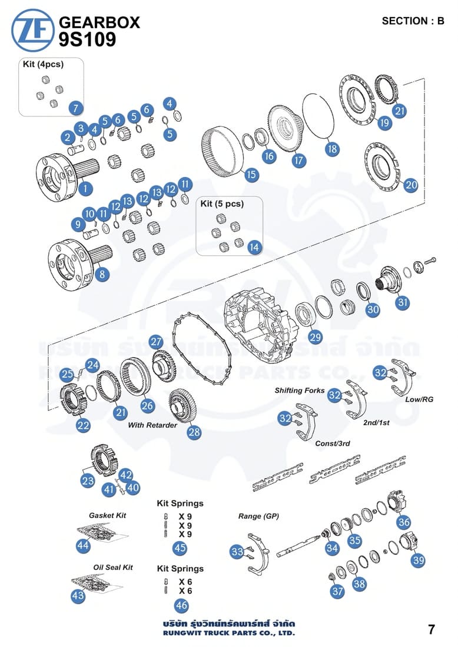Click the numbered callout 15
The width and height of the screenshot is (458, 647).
(x=251, y=174)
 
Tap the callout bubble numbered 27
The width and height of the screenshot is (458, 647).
(x=155, y=342)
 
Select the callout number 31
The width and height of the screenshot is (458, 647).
(x=402, y=302)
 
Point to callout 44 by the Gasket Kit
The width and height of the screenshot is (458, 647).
(x=83, y=545)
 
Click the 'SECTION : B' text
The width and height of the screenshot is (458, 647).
(x=413, y=21)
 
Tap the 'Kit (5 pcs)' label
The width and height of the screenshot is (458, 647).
(x=222, y=204)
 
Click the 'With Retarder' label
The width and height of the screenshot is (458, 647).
(x=152, y=425)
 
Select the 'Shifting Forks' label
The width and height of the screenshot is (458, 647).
(x=300, y=391)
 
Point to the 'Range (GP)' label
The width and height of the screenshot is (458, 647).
(x=258, y=516)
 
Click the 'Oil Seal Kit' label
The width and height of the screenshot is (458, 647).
(x=113, y=568)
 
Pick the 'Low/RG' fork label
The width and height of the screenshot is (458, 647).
(x=419, y=399)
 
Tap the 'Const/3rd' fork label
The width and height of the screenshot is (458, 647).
(x=333, y=443)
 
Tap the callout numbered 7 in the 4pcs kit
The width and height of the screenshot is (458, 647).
(x=76, y=109)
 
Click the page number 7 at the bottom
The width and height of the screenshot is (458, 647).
(x=432, y=630)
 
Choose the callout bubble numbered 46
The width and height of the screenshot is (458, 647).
(x=181, y=605)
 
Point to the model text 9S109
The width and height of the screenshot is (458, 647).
(x=87, y=39)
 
